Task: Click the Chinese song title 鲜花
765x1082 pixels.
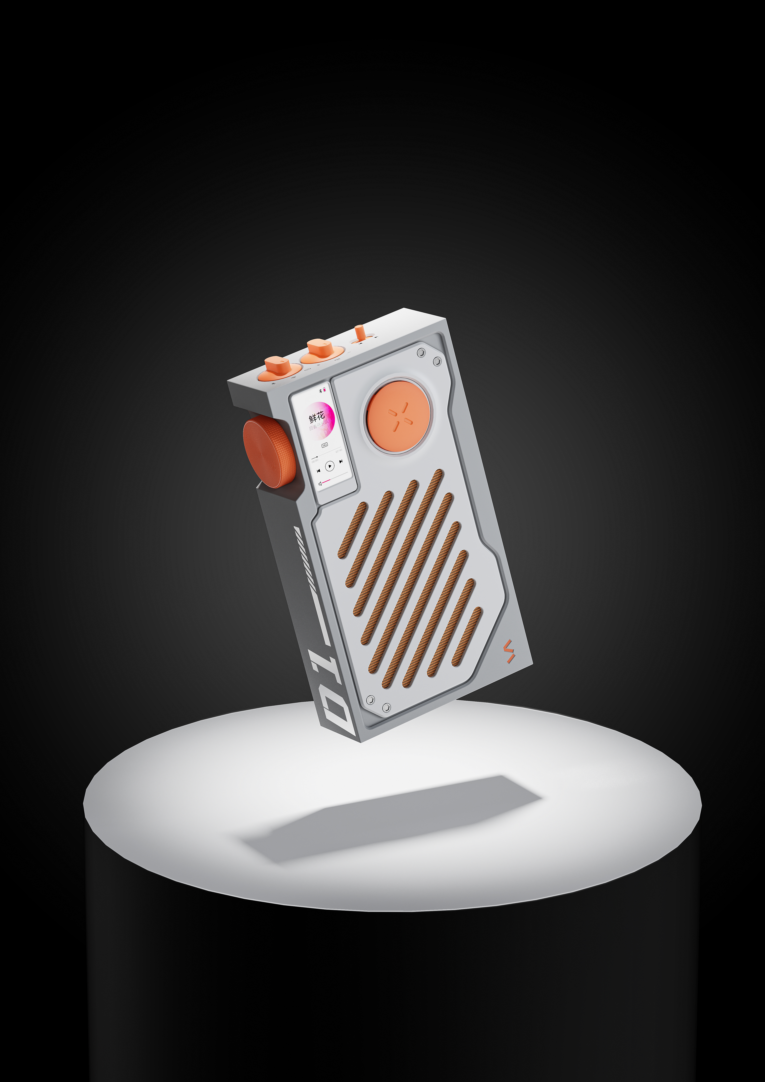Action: coord(317,417)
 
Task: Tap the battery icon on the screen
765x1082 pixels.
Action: coord(324,390)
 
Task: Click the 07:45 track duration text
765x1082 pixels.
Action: coord(338,451)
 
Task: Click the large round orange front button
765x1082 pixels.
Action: coord(398,416)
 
